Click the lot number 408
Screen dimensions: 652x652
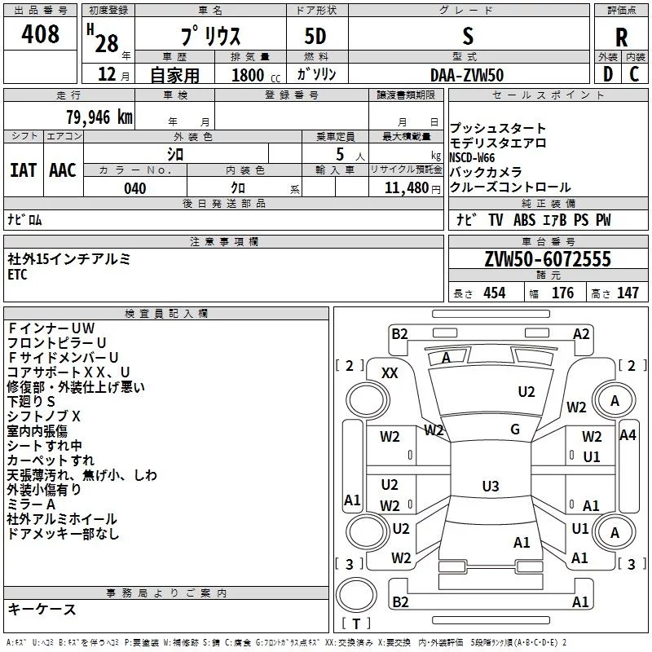click(40, 33)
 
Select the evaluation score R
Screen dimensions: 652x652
click(621, 37)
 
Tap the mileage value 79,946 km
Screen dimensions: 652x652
click(99, 117)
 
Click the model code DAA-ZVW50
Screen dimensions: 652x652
click(467, 75)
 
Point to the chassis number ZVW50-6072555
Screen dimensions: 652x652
click(548, 259)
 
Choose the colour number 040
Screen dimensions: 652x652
click(135, 188)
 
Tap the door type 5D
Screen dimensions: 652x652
click(315, 37)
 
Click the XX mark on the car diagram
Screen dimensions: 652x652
click(390, 373)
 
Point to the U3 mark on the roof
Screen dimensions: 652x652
click(491, 486)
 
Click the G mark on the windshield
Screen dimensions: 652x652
click(515, 430)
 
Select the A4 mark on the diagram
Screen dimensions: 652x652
click(628, 435)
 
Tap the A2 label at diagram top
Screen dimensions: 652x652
click(581, 334)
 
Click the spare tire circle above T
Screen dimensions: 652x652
click(356, 595)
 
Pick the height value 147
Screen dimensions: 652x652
click(628, 293)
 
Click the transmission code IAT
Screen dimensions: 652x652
click(24, 170)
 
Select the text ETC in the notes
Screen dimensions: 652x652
click(17, 275)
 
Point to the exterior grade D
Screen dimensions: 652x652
click(608, 74)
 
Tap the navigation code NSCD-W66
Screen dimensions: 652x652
click(473, 158)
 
